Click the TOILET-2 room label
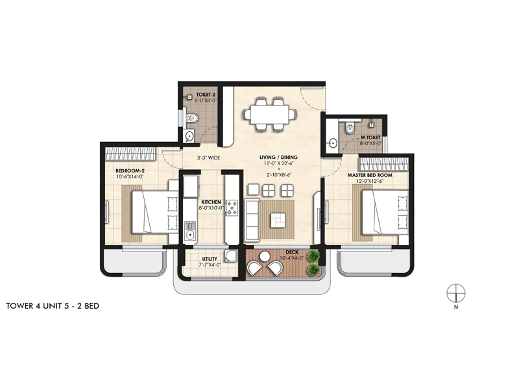pos(197,95)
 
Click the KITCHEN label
pos(211,202)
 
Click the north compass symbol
pos(457,293)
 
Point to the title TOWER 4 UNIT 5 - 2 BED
pos(52,304)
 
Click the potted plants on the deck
pos(314,261)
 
